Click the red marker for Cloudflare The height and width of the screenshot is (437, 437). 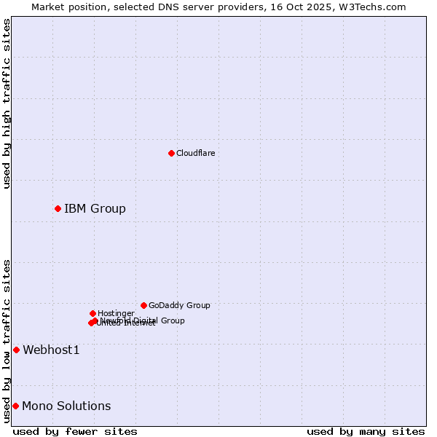(x=171, y=153)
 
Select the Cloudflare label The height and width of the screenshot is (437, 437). (x=195, y=153)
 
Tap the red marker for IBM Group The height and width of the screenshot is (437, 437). (x=58, y=209)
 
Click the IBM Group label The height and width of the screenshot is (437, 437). (x=95, y=209)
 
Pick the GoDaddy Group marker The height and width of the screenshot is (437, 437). (x=143, y=305)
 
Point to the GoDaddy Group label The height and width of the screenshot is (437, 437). (x=179, y=305)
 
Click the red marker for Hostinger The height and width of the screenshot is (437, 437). (x=92, y=313)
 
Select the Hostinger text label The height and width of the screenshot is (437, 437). (x=116, y=313)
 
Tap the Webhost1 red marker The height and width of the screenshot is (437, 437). (x=16, y=350)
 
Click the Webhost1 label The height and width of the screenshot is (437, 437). (x=51, y=350)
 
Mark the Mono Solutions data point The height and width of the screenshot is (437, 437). (x=15, y=406)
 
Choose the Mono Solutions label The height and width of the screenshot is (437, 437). (x=66, y=406)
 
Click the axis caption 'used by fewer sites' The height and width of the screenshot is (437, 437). (x=75, y=431)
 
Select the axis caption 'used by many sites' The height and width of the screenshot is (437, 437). (x=366, y=431)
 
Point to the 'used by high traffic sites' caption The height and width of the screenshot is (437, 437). (x=7, y=103)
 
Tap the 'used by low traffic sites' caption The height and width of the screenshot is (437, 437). (x=7, y=341)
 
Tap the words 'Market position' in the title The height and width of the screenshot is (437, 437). (x=66, y=7)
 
